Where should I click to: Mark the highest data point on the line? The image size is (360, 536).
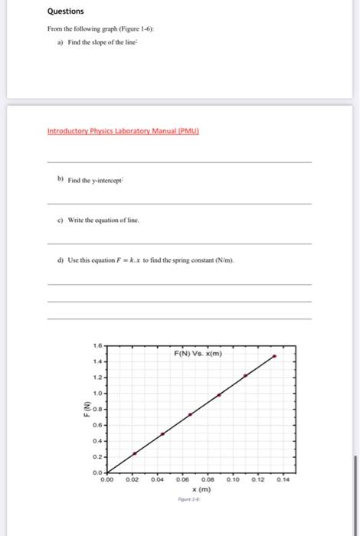[x=275, y=356]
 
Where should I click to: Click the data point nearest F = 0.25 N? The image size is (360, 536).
[x=135, y=453]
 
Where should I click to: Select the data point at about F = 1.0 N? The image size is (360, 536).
[x=219, y=394]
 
